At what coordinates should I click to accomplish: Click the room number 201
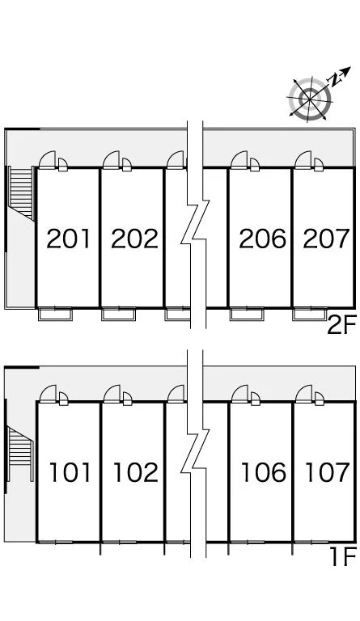[69, 239]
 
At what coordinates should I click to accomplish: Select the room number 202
[134, 239]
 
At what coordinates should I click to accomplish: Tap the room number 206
[262, 239]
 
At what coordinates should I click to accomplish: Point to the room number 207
[326, 239]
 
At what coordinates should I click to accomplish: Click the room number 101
[70, 472]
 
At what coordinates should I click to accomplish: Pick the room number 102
[136, 472]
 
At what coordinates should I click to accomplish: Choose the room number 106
[264, 472]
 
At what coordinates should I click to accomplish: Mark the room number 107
[328, 472]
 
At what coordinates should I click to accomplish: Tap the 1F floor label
[344, 556]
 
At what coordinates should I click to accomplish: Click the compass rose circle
[310, 98]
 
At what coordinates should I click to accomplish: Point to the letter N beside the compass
[335, 80]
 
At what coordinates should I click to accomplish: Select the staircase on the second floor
[21, 192]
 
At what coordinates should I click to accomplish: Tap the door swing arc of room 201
[47, 159]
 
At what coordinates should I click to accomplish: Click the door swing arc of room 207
[303, 159]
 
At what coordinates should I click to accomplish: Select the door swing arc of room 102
[112, 393]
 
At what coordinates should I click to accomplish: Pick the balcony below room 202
[118, 314]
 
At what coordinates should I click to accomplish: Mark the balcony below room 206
[247, 314]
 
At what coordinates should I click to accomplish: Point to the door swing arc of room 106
[240, 393]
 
